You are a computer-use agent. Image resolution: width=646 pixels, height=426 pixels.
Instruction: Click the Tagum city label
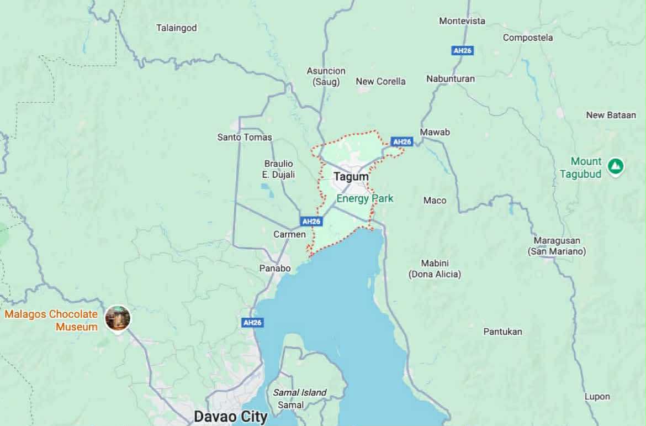point(351,177)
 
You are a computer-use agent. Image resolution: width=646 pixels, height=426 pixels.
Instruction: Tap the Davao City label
point(230,416)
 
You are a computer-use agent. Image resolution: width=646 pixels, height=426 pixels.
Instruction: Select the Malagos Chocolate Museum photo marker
point(118,318)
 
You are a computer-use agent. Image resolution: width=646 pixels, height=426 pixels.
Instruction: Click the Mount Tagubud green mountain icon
point(615,166)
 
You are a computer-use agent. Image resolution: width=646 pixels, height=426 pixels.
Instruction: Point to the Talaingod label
point(176,28)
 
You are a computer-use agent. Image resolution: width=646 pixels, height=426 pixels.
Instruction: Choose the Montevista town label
point(462,21)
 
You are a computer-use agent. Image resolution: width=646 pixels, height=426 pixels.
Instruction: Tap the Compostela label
point(527,38)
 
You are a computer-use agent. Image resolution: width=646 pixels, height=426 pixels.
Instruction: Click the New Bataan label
point(611,115)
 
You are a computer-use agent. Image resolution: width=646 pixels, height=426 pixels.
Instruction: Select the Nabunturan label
point(450,78)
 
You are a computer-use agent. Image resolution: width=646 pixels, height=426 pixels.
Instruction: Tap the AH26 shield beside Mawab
point(402,142)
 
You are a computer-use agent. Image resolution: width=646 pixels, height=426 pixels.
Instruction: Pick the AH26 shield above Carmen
point(311,221)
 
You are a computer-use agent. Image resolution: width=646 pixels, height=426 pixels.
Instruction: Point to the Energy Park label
point(365,198)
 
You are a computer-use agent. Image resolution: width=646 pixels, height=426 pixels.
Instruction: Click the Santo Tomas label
point(245,137)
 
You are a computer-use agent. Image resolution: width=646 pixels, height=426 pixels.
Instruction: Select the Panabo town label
point(275,269)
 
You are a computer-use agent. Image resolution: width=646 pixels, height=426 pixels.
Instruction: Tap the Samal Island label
point(300,393)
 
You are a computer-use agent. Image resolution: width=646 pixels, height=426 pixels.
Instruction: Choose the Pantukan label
point(502,332)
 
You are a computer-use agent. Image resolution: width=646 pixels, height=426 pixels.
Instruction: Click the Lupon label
point(597,396)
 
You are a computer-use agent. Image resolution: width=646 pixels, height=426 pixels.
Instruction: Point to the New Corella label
point(380,81)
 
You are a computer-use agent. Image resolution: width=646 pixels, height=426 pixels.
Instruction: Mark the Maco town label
point(435,200)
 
